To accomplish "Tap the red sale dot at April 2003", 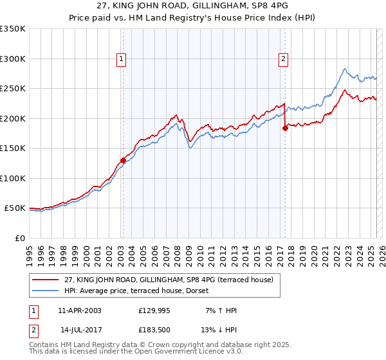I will coord(123,160).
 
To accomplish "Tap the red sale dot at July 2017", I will coord(284,128).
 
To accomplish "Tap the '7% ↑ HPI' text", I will coord(219,310).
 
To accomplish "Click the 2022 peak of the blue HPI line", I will coord(345,69).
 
